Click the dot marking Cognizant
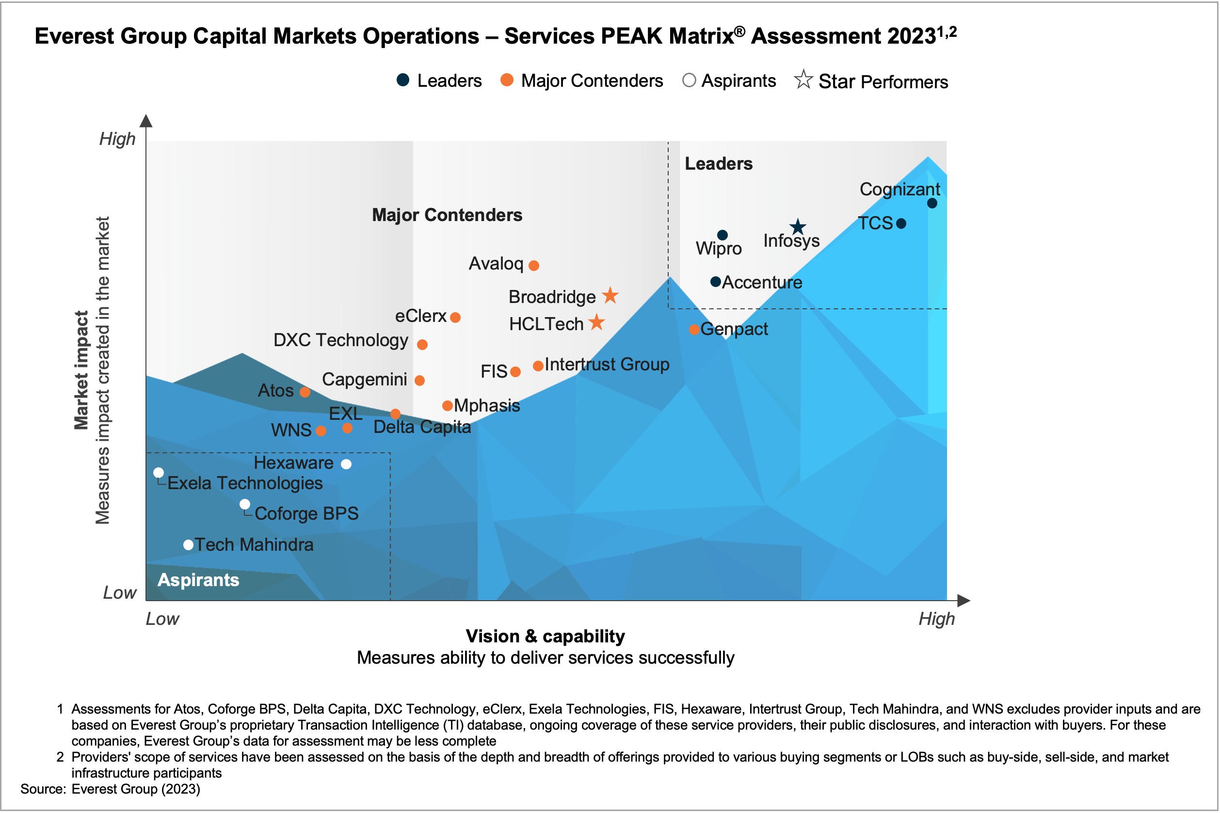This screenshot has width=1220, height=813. pyautogui.click(x=931, y=203)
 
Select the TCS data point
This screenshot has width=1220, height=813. pyautogui.click(x=901, y=223)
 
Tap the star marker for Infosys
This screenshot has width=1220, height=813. pyautogui.click(x=798, y=226)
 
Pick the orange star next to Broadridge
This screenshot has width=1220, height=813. pyautogui.click(x=610, y=296)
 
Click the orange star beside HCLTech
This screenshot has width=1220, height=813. pyautogui.click(x=597, y=322)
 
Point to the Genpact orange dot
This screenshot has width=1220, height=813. pyautogui.click(x=694, y=330)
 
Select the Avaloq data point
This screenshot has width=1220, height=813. pyautogui.click(x=533, y=266)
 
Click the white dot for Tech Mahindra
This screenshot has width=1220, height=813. pyautogui.click(x=189, y=545)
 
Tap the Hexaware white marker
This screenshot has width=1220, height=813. pyautogui.click(x=346, y=464)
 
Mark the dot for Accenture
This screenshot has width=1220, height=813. pyautogui.click(x=716, y=282)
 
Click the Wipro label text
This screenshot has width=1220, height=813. pyautogui.click(x=718, y=249)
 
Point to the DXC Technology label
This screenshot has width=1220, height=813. pyautogui.click(x=341, y=340)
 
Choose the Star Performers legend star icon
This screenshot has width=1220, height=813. pyautogui.click(x=803, y=80)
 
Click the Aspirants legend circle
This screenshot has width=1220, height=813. pyautogui.click(x=689, y=80)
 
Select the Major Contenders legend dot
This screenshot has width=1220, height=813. pyautogui.click(x=507, y=80)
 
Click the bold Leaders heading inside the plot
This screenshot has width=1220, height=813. pyautogui.click(x=718, y=164)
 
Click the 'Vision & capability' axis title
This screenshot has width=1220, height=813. pyautogui.click(x=545, y=636)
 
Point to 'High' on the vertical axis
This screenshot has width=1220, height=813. pyautogui.click(x=117, y=139)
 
